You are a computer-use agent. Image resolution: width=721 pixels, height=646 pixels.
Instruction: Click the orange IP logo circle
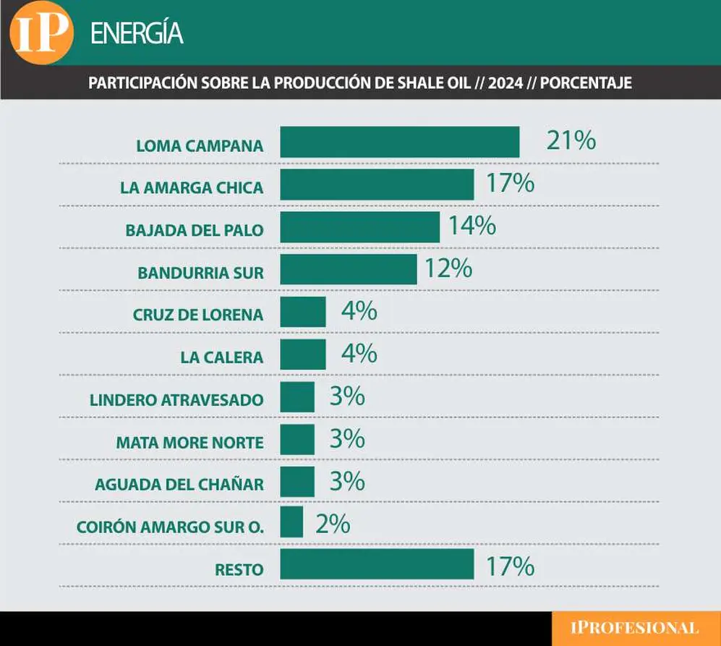[41, 33]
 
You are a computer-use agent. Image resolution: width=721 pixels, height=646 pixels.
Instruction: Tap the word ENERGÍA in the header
[137, 33]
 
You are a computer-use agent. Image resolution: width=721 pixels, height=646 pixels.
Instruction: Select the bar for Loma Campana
[400, 143]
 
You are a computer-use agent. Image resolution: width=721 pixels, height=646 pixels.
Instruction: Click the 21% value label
[571, 140]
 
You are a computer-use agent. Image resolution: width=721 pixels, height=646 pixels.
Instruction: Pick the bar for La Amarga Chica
[377, 184]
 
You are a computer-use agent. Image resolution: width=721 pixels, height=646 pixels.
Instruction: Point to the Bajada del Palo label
[195, 230]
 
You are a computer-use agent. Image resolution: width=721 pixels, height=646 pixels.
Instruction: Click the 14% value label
[472, 226]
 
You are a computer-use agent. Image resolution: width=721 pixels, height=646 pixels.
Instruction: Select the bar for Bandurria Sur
[349, 269]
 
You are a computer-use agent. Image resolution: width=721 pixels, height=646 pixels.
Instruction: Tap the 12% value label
[448, 268]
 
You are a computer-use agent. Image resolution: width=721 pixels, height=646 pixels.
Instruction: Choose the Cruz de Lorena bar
[303, 312]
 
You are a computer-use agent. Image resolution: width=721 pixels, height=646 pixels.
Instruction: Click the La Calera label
[221, 357]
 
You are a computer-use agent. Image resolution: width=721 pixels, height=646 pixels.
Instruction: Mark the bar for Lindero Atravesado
[297, 396]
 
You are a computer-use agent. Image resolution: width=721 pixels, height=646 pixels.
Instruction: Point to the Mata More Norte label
[190, 443]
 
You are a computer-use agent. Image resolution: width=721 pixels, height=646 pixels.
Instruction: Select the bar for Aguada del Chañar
[297, 482]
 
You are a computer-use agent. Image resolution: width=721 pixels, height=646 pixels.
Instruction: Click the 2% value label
[333, 524]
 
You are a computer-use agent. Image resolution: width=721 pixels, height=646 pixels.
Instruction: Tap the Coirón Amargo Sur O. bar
[291, 522]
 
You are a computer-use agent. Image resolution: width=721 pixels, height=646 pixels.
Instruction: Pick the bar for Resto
[377, 564]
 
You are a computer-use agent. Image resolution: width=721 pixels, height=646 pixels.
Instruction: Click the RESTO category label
[239, 570]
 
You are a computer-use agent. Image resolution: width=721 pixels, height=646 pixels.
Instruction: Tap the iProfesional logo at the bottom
[634, 628]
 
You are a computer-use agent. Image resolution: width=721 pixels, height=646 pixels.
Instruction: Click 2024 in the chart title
[505, 82]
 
